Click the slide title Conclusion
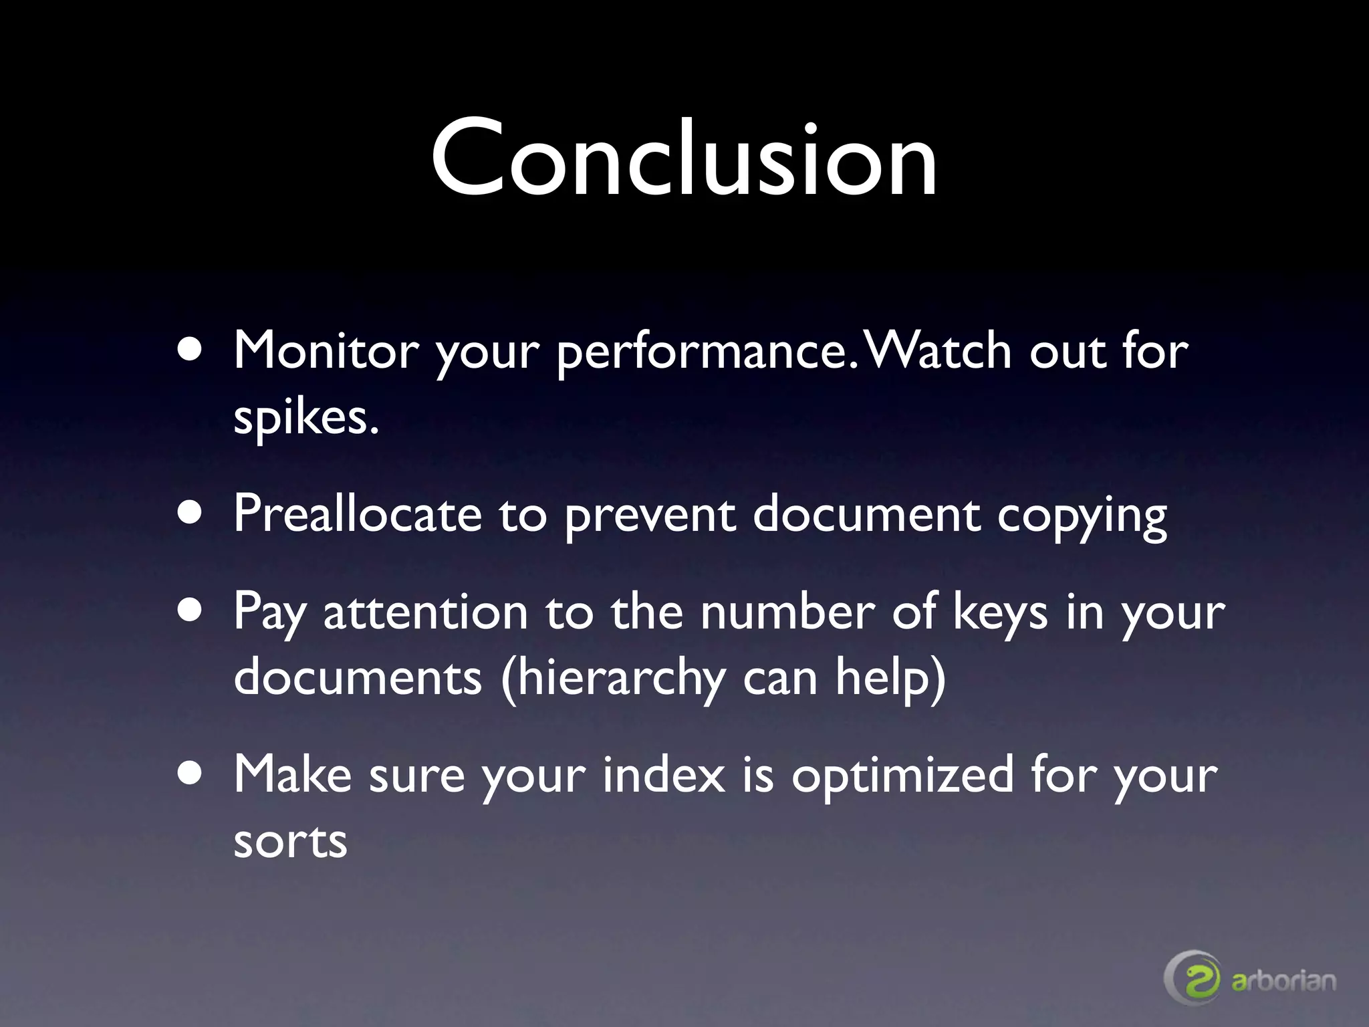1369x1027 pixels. pos(684,158)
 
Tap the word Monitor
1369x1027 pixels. pos(326,350)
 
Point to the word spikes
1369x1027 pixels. pos(305,419)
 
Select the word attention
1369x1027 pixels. pos(426,611)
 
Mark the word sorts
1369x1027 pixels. pos(290,841)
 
